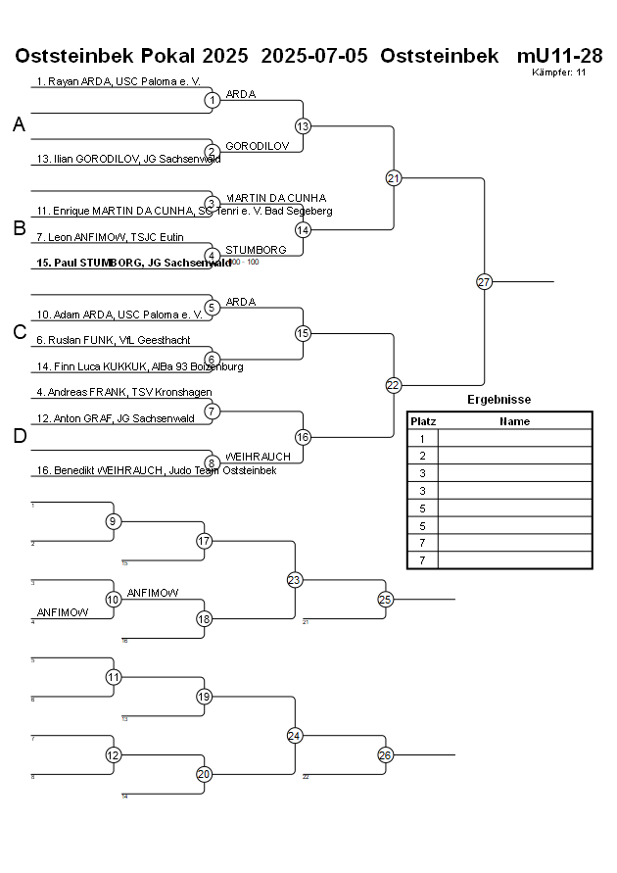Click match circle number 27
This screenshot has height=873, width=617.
pyautogui.click(x=484, y=282)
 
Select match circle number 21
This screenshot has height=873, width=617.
pyautogui.click(x=394, y=178)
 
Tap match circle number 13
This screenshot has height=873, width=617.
pyautogui.click(x=303, y=126)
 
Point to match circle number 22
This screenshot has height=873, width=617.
pyautogui.click(x=394, y=385)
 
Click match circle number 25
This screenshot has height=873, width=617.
pyautogui.click(x=385, y=600)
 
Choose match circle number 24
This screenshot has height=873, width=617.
pyautogui.click(x=295, y=735)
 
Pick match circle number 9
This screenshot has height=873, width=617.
pyautogui.click(x=114, y=521)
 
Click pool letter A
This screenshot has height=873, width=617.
pyautogui.click(x=19, y=125)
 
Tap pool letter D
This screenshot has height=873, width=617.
pyautogui.click(x=20, y=437)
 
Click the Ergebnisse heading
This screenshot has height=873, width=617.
pyautogui.click(x=499, y=400)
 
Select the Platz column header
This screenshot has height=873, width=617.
pyautogui.click(x=423, y=421)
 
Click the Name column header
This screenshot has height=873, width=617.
pyautogui.click(x=514, y=421)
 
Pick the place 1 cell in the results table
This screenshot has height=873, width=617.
pyautogui.click(x=423, y=439)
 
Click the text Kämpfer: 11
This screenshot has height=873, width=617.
pyautogui.click(x=559, y=72)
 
